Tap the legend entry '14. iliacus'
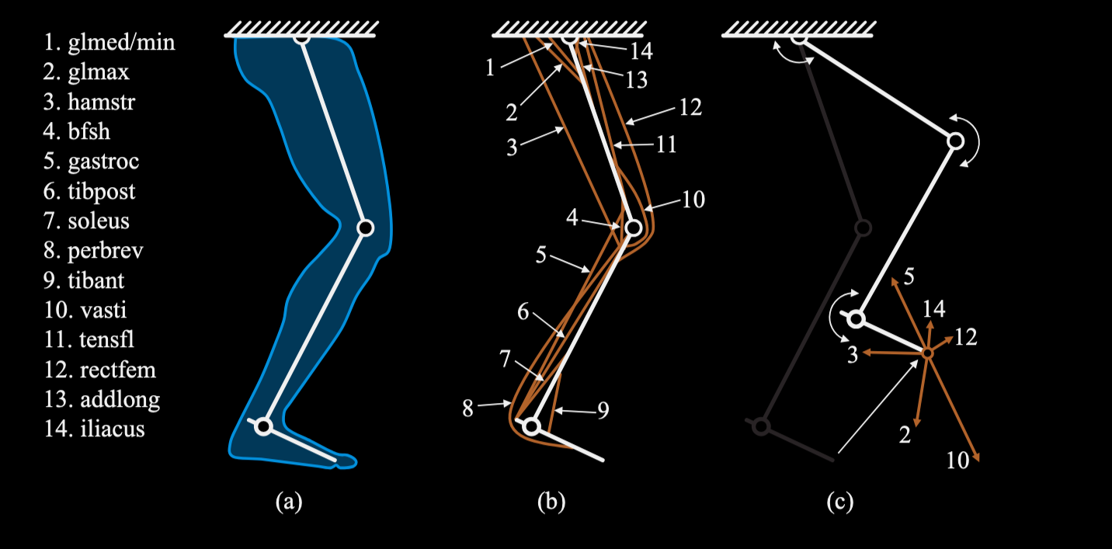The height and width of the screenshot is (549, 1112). click(94, 428)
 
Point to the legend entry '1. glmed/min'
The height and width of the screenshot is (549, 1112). click(109, 42)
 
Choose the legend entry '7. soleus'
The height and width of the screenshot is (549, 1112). click(87, 221)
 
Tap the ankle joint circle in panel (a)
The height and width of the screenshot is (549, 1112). click(263, 426)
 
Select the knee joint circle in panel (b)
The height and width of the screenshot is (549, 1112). click(633, 228)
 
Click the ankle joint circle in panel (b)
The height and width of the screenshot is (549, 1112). click(531, 426)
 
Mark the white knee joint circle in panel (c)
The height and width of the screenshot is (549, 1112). click(955, 141)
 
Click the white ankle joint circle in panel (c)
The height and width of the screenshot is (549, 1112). click(857, 318)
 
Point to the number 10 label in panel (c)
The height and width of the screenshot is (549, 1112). click(957, 460)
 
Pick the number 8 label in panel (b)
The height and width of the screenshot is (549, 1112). click(467, 408)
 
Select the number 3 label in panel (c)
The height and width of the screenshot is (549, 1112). click(852, 356)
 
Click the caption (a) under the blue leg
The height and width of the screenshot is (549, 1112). click(288, 502)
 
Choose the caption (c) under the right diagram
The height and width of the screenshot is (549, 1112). click(839, 502)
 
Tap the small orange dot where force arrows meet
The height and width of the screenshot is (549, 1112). click(926, 353)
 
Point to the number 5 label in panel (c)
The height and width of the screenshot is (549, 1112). click(909, 276)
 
